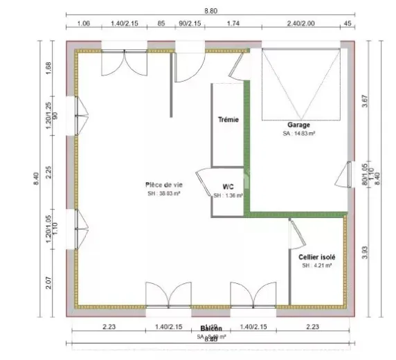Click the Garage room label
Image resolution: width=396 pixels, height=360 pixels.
[x=298, y=125]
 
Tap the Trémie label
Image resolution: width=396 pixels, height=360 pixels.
[x=228, y=119]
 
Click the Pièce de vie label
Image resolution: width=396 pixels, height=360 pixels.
[x=163, y=184]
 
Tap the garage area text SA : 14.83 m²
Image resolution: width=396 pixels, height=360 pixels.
[x=298, y=134]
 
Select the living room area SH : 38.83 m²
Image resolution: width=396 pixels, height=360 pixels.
[x=163, y=194]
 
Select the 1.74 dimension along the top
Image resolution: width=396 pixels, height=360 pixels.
[x=233, y=24]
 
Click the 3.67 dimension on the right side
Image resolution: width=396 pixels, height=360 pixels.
[x=365, y=104]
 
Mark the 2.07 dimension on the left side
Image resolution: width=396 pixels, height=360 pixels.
[x=48, y=282]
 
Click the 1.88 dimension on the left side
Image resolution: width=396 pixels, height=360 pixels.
[x=48, y=68]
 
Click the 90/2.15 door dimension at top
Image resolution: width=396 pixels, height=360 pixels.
[x=190, y=24]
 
